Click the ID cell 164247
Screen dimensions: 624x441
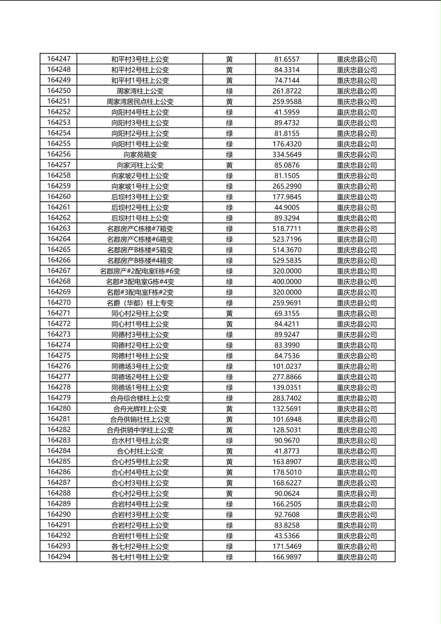59,59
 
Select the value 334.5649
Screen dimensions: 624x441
287,154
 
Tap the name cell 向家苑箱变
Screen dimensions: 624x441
140,154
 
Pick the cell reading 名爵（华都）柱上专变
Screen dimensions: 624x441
140,303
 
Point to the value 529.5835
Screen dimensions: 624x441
287,260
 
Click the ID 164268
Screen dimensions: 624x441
59,281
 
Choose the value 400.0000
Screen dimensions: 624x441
287,281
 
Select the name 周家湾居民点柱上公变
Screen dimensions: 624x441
140,101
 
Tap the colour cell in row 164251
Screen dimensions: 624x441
229,101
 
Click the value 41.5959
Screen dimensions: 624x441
287,112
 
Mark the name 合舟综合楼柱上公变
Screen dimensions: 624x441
140,398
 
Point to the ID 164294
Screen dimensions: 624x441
59,557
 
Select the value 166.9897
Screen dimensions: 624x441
287,557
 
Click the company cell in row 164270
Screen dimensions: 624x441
356,303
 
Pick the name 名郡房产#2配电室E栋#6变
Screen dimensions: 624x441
140,271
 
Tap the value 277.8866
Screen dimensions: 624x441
287,377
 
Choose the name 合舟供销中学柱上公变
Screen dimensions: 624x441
140,430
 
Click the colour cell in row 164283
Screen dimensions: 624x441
229,440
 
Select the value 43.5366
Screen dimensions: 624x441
287,535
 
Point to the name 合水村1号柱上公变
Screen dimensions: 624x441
140,440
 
